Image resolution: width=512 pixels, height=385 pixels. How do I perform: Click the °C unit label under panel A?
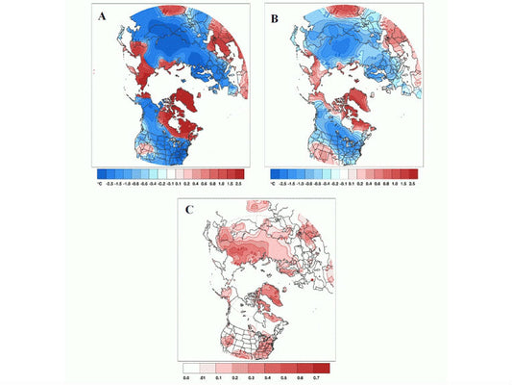100,180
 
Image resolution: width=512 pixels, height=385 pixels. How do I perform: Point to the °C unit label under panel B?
275,180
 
